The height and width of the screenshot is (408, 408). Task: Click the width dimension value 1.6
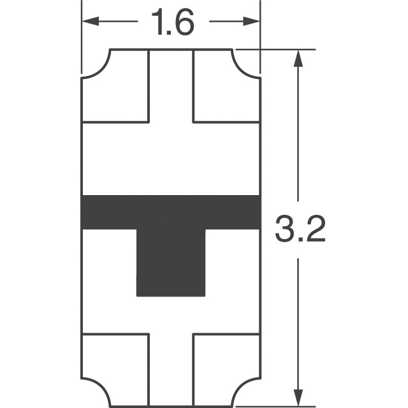coord(171,24)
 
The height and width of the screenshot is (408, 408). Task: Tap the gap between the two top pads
coord(171,86)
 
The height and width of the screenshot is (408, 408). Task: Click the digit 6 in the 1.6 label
coord(182,24)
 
